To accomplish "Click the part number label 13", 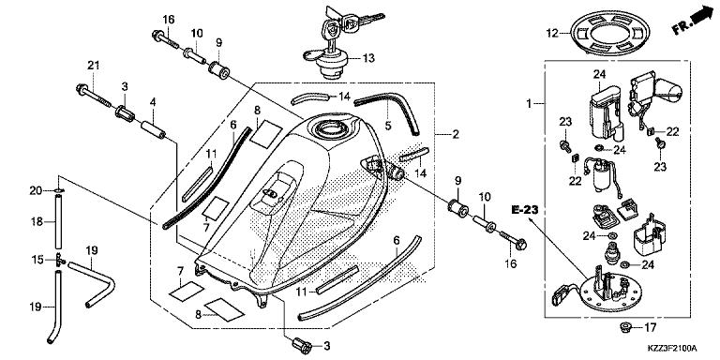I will point(368,58).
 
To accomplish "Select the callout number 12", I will point(551,34).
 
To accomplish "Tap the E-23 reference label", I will point(525,209).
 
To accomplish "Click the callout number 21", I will point(93,64).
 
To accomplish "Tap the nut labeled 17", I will point(623,327).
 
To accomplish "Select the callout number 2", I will point(456,134).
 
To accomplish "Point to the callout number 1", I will point(530,101).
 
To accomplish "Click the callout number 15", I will point(38,259).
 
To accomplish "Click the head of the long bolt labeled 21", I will point(79,92).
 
